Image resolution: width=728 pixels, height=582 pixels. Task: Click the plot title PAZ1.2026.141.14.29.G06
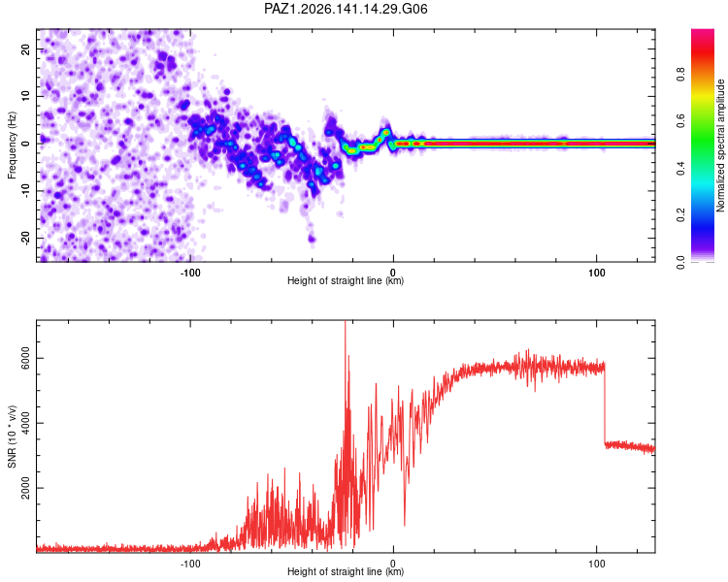pyautogui.click(x=346, y=9)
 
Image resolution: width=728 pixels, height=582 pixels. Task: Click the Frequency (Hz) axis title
pyautogui.click(x=12, y=145)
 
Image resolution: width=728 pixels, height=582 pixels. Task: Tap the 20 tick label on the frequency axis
pyautogui.click(x=25, y=48)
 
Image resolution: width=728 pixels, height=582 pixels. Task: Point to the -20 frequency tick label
pyautogui.click(x=25, y=238)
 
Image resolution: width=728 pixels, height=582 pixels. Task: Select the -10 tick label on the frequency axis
pyautogui.click(x=25, y=191)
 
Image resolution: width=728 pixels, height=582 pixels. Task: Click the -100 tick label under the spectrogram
pyautogui.click(x=190, y=273)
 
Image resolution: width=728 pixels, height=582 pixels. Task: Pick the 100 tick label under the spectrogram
pyautogui.click(x=597, y=273)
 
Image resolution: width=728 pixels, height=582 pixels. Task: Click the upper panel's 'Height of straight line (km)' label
pyautogui.click(x=346, y=280)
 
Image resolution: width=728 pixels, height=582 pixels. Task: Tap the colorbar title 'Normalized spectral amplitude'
pyautogui.click(x=720, y=145)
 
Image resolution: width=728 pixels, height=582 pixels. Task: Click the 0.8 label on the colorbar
pyautogui.click(x=680, y=74)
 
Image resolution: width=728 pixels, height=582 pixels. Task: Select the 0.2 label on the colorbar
pyautogui.click(x=680, y=215)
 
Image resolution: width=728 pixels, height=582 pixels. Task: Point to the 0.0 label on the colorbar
pyautogui.click(x=680, y=262)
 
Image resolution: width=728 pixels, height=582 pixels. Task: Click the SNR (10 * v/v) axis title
pyautogui.click(x=12, y=436)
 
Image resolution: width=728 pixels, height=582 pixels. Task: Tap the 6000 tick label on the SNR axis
pyautogui.click(x=25, y=358)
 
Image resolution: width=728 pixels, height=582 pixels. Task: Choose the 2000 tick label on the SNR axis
pyautogui.click(x=25, y=488)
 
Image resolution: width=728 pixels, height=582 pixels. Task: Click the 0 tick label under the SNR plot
pyautogui.click(x=393, y=564)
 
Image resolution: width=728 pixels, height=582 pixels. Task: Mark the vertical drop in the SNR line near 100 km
pyautogui.click(x=605, y=404)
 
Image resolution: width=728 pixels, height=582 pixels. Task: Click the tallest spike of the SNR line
pyautogui.click(x=345, y=322)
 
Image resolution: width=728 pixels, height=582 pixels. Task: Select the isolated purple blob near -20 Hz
pyautogui.click(x=312, y=240)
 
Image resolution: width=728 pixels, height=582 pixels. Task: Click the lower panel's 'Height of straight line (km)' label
pyautogui.click(x=346, y=571)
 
